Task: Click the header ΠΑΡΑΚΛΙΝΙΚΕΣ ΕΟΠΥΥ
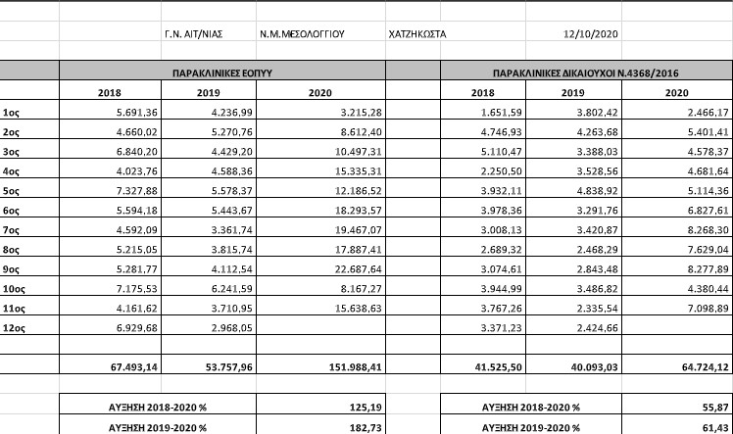[x=222, y=72]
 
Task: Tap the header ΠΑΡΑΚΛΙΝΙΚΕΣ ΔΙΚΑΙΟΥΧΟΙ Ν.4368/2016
[x=586, y=72]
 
